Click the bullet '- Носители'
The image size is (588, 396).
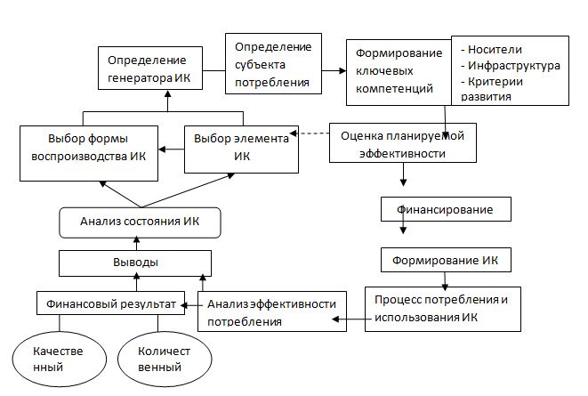pyautogui.click(x=487, y=49)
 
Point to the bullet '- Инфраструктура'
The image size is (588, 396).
pyautogui.click(x=510, y=65)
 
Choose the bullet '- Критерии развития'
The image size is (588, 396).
pyautogui.click(x=490, y=89)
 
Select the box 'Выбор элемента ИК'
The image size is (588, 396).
pyautogui.click(x=240, y=149)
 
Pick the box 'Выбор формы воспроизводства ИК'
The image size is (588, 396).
pyautogui.click(x=90, y=149)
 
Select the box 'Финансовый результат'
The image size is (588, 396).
pyautogui.click(x=109, y=303)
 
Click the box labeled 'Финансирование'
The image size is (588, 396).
pyautogui.click(x=447, y=211)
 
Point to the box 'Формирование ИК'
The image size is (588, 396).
pyautogui.click(x=447, y=260)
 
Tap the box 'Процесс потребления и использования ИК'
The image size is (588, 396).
pyautogui.click(x=441, y=308)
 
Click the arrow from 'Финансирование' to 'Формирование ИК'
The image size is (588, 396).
pyautogui.click(x=403, y=230)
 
